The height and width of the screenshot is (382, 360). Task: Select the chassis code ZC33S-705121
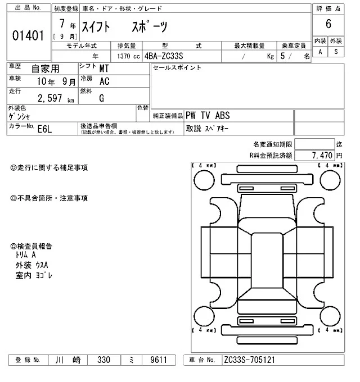249,360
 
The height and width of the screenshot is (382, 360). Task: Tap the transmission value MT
105,69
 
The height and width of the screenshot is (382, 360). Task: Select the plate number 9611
155,360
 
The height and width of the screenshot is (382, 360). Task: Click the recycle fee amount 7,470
322,154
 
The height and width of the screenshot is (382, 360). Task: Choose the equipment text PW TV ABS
208,116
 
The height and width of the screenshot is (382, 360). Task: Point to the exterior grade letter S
336,52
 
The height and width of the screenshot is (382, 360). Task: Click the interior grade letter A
321,52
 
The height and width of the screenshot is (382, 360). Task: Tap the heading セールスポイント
177,68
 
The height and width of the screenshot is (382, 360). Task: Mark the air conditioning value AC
104,81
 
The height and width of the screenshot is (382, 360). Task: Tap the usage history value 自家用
46,69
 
